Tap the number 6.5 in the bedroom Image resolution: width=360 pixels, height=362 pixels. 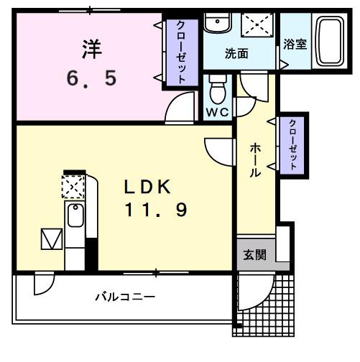(91, 77)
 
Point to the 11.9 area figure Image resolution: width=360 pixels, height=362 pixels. (156, 210)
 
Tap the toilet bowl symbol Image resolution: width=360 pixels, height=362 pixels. (216, 90)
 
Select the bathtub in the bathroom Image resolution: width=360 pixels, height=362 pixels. (330, 41)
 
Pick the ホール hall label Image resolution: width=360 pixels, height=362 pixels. (256, 159)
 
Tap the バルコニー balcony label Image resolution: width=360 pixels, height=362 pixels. (126, 296)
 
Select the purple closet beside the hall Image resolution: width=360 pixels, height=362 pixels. (292, 143)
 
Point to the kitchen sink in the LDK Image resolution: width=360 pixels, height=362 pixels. (74, 216)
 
